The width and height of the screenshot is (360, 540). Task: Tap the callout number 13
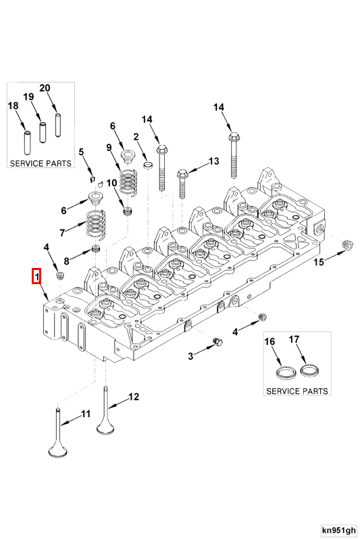pyautogui.click(x=213, y=161)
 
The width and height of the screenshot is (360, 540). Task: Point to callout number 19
pyautogui.click(x=28, y=97)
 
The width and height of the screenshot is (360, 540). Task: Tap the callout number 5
pyautogui.click(x=80, y=152)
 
